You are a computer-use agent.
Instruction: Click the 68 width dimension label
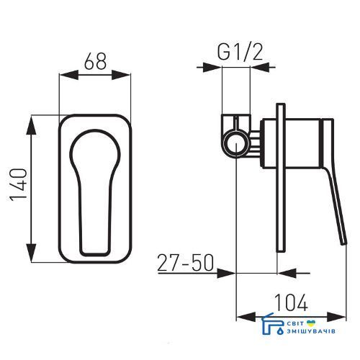point(95,61)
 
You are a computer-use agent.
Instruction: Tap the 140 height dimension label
point(18,185)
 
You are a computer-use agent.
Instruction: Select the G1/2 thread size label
point(240,52)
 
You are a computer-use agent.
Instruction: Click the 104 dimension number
point(291,302)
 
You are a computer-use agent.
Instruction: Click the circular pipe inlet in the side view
point(236,143)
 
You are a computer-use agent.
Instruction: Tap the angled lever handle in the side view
point(334,182)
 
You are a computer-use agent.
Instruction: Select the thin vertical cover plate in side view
point(281,178)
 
